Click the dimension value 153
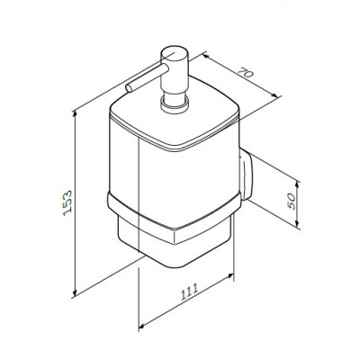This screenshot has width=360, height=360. pos(67,202)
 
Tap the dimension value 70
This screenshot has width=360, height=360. pos(246,73)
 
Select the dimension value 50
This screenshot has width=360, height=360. pos(292,201)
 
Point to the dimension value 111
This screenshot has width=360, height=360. pos(190,292)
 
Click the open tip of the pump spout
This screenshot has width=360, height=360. pos(130,88)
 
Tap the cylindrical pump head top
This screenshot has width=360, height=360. pos(175,55)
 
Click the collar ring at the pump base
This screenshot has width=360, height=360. pos(175,104)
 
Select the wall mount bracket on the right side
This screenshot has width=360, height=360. pos(246,174)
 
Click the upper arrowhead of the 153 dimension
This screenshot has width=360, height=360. pos(75,113)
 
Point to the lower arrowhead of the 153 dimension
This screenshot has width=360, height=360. pos(75,292)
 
